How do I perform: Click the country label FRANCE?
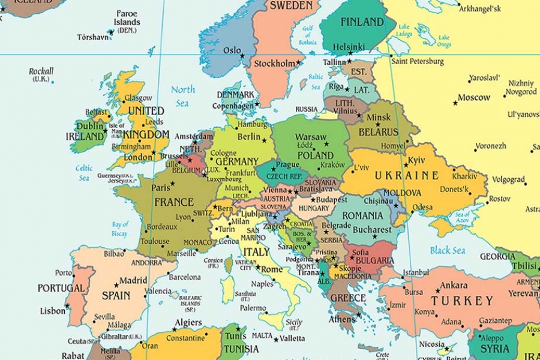click(174, 202)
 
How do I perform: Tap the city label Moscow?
click(474, 98)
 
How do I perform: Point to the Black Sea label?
click(448, 250)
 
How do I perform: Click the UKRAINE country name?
click(406, 176)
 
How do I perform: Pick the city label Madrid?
click(133, 280)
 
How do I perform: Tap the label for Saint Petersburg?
click(418, 61)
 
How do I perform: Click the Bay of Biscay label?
click(119, 229)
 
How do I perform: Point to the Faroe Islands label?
click(127, 22)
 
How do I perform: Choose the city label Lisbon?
click(53, 311)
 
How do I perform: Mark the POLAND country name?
click(315, 155)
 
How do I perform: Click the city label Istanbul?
click(416, 272)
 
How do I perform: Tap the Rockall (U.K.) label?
click(41, 75)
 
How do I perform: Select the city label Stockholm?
click(275, 64)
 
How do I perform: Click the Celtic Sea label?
click(84, 173)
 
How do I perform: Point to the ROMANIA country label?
click(362, 215)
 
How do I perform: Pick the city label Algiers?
click(188, 323)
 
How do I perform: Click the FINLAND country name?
click(362, 22)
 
